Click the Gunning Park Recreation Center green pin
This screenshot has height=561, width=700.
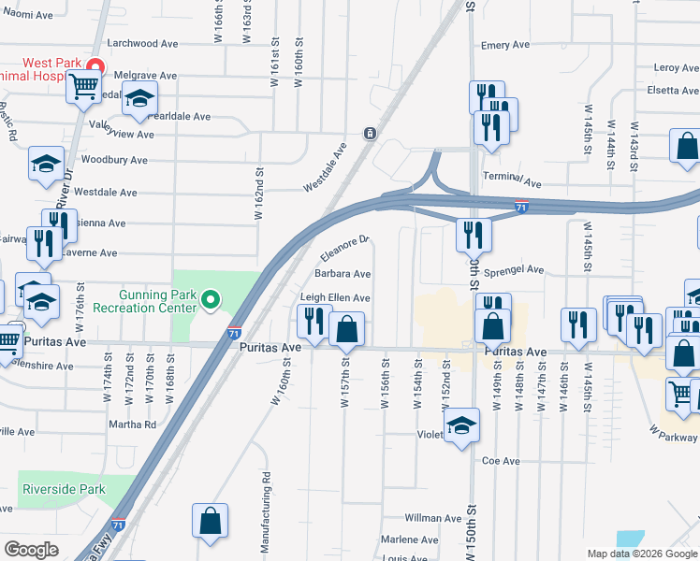coord(211,300)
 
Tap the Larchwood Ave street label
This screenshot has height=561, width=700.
coord(143,43)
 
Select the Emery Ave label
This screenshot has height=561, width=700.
coord(505,45)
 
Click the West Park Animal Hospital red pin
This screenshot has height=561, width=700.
coord(95,65)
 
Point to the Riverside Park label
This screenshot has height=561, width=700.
coord(64,489)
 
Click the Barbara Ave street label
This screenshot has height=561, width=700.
coord(343,274)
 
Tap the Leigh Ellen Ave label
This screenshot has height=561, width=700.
coord(335,297)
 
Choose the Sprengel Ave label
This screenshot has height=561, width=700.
coord(514,269)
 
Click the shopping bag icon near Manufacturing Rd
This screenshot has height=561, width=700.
coord(210,522)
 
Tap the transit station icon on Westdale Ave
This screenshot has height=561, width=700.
coord(371,133)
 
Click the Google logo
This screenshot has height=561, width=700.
coord(31,550)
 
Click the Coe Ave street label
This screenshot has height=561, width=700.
coord(501,461)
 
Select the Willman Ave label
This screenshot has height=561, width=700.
coord(433,518)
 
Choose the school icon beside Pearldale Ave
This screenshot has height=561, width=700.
coord(139,98)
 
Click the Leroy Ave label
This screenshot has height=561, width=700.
coord(678,67)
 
